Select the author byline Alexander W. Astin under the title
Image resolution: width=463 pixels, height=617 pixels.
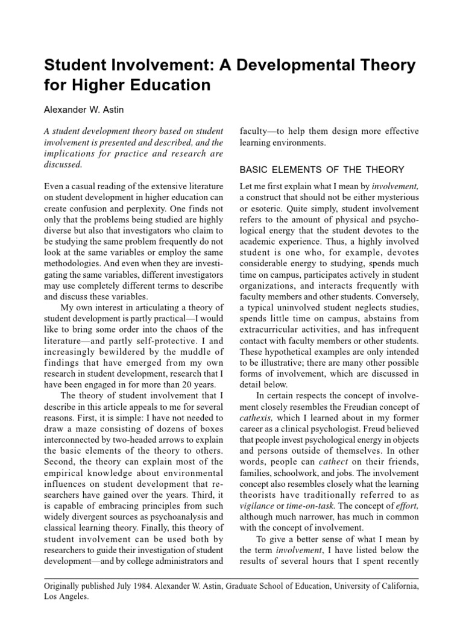pyautogui.click(x=86, y=110)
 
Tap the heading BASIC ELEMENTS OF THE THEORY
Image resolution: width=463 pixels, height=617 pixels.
pyautogui.click(x=321, y=169)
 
